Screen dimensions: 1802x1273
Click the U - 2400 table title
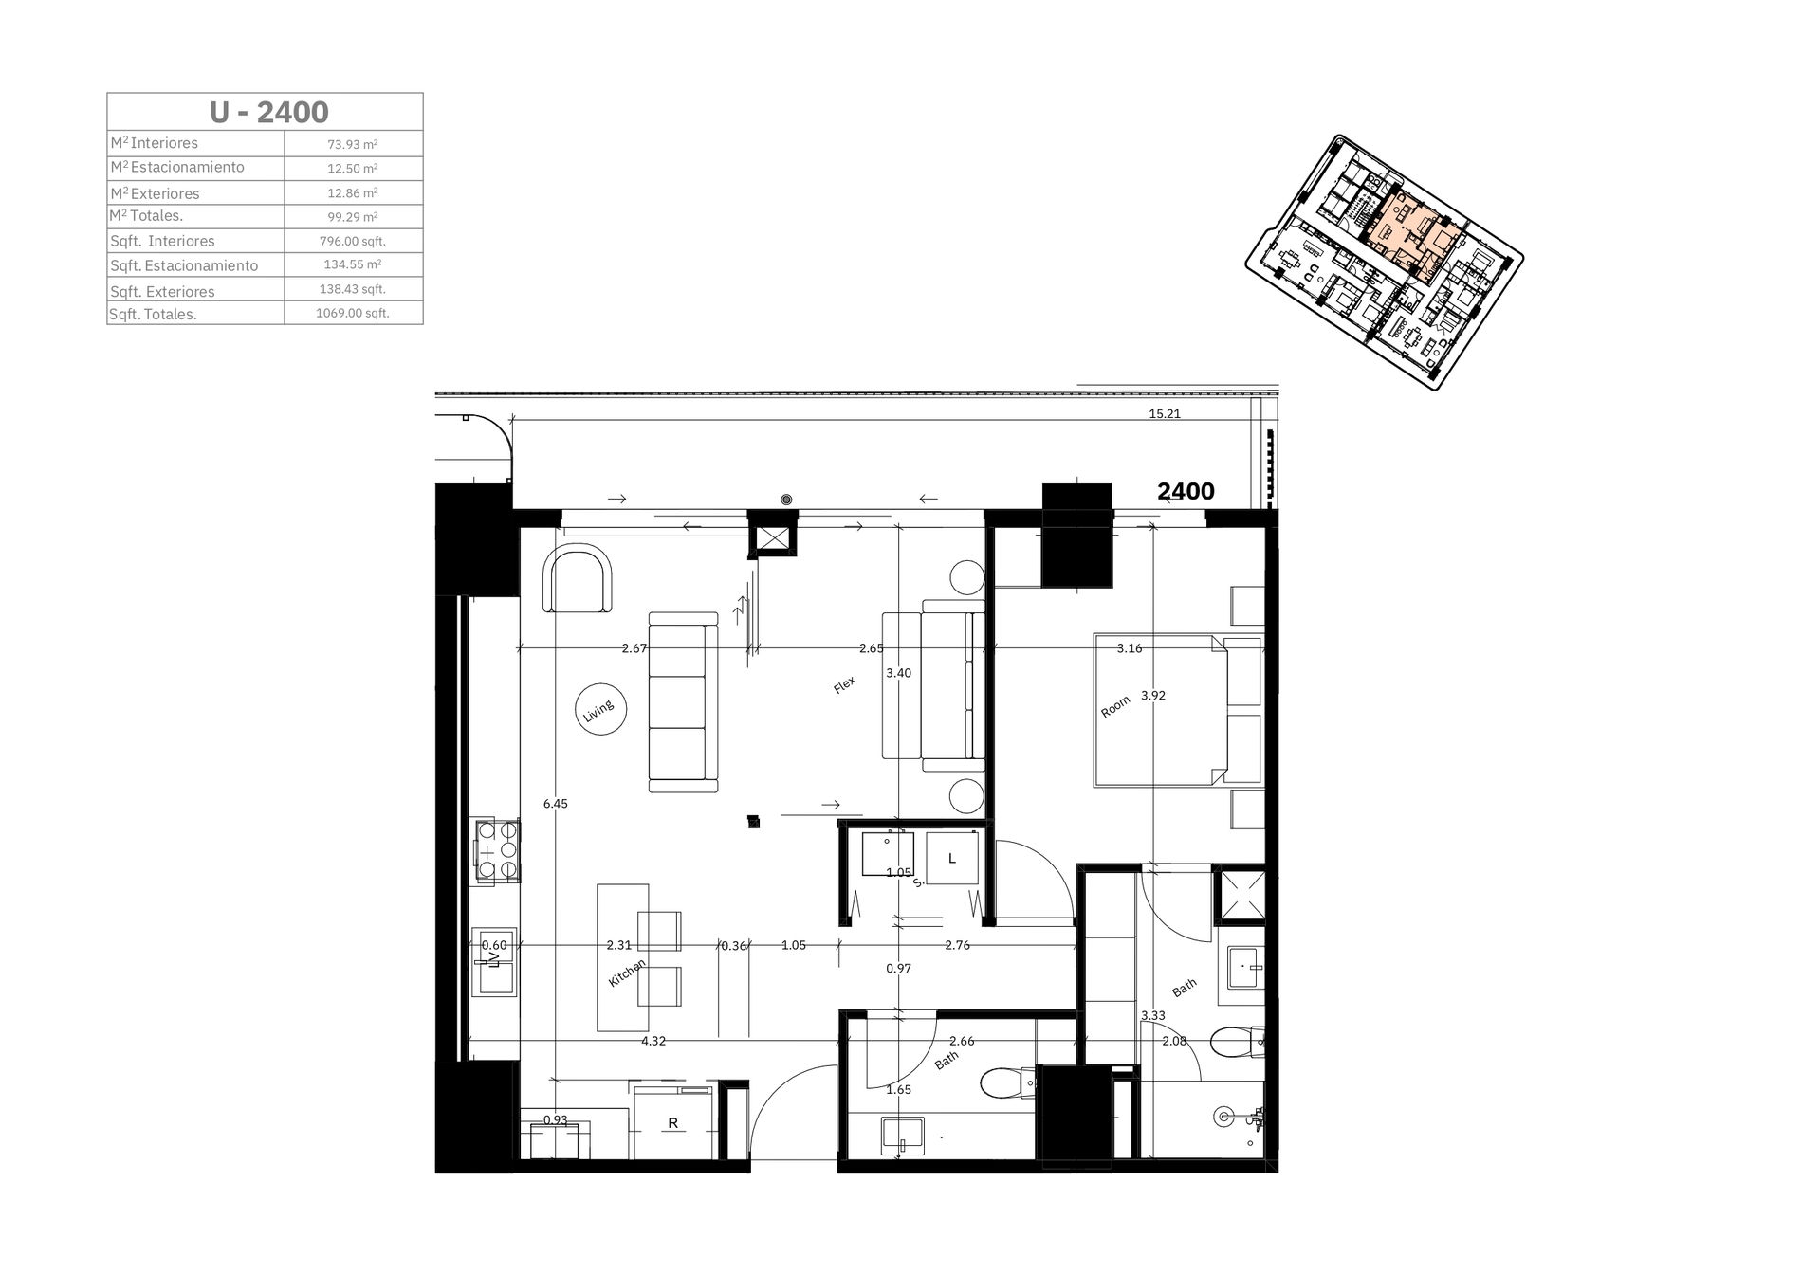[269, 112]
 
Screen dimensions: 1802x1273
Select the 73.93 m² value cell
[353, 144]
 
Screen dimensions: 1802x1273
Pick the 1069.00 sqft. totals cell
[353, 313]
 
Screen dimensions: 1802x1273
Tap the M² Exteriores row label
[156, 193]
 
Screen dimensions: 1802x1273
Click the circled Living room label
[600, 709]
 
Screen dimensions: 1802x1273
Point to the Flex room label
[844, 684]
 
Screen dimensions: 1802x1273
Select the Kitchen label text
[627, 973]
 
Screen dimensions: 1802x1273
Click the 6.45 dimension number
[556, 804]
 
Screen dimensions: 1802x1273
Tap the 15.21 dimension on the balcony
[1165, 413]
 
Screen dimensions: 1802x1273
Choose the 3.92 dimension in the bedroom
[1153, 695]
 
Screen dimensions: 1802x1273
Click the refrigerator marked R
[673, 1123]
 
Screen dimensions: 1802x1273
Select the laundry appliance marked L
[952, 858]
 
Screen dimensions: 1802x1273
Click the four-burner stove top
[498, 850]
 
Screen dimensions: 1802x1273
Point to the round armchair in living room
[578, 578]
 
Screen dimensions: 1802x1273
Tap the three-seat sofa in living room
[683, 702]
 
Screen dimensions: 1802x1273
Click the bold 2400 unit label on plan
[1186, 491]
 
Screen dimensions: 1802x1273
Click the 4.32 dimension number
[653, 1041]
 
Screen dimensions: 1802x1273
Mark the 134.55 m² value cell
[353, 264]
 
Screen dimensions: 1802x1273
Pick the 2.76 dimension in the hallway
[958, 945]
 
